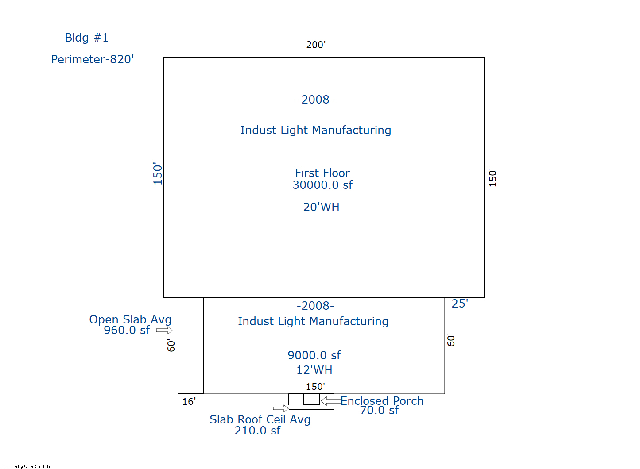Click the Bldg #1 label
[86, 38]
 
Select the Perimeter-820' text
[93, 59]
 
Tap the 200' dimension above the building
[316, 45]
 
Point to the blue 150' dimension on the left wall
[157, 173]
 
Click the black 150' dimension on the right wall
[493, 177]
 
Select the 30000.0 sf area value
[322, 185]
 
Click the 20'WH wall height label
[321, 207]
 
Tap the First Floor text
[322, 173]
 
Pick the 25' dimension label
[460, 304]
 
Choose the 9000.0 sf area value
[314, 355]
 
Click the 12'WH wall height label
[314, 370]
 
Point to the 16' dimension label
[189, 402]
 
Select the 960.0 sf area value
[127, 330]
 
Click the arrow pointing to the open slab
[164, 331]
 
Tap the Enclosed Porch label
[382, 401]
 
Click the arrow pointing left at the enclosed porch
[331, 401]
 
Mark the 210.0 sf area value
[257, 431]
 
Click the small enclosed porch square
[311, 400]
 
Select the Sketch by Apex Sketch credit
[26, 466]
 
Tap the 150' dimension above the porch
[315, 387]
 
